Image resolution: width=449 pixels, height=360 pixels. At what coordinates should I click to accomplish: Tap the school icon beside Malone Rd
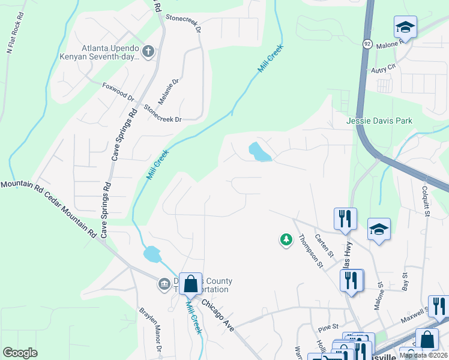(405, 28)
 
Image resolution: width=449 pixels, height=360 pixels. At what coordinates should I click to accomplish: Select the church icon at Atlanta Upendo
(148, 52)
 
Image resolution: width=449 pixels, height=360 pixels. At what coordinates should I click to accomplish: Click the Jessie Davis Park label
(379, 121)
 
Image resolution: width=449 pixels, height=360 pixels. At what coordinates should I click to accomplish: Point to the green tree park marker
(286, 240)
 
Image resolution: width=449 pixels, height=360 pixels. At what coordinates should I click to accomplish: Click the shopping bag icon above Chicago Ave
(190, 283)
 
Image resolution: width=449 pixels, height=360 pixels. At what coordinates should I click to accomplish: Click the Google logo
(20, 353)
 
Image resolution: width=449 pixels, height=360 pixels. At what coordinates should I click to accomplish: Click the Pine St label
(329, 328)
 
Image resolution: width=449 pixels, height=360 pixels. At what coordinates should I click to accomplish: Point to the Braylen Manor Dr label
(151, 330)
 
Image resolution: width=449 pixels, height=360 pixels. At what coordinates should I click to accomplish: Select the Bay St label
(405, 280)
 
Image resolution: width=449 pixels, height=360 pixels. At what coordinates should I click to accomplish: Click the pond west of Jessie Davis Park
(259, 152)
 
